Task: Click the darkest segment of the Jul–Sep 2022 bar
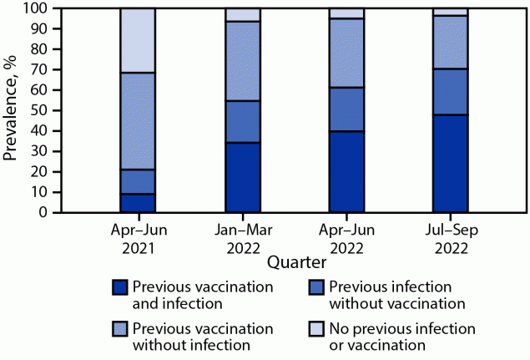[x=450, y=163]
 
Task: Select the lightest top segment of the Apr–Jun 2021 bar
[x=138, y=40]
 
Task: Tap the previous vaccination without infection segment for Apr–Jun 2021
[x=138, y=121]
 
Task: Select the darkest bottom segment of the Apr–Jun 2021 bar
[x=138, y=203]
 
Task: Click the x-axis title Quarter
[x=296, y=262]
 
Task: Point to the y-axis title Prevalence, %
[x=12, y=110]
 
